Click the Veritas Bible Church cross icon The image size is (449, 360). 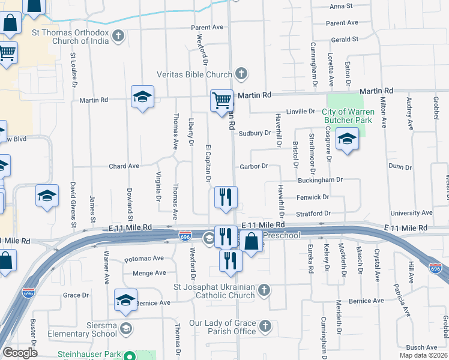[x=241, y=74]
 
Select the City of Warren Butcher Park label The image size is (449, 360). [x=348, y=116]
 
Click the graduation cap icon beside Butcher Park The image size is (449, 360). [x=347, y=140]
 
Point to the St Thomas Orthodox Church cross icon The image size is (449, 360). [x=118, y=36]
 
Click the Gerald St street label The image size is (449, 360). [x=344, y=39]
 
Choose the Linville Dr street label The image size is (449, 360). [x=300, y=112]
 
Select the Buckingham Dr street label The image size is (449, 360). [x=320, y=179]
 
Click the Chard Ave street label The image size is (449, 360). [x=124, y=166]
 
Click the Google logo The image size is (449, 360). [x=20, y=353]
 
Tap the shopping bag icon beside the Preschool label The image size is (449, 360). [x=253, y=242]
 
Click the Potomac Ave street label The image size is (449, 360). [x=144, y=259]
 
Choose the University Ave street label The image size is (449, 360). [x=411, y=213]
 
